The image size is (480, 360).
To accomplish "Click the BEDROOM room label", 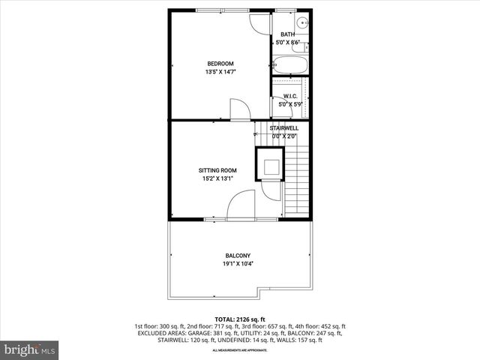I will coord(220,63).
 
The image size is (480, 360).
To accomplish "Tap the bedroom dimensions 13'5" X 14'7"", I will coord(220,72).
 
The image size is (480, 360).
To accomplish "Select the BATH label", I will coord(288,34).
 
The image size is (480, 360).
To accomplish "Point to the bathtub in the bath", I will coord(289,66).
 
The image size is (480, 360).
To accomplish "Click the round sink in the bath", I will coord(301,22).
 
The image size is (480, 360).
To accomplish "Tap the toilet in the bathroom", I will coord(304,48).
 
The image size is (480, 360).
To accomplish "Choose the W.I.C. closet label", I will coord(290,96).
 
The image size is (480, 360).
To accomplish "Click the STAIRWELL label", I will coord(284,128).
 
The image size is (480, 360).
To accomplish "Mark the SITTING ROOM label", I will coord(217,170).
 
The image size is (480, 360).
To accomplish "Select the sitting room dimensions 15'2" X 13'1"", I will coord(217,179).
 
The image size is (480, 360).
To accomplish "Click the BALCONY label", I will coord(238,255).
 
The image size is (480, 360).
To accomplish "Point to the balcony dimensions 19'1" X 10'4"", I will coord(238,264).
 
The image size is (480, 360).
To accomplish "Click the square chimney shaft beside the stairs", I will coord(270,165).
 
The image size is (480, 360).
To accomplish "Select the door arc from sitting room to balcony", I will coord(241,205).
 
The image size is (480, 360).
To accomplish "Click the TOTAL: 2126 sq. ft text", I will coord(239,319).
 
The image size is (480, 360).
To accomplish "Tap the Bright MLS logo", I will coord(30,349).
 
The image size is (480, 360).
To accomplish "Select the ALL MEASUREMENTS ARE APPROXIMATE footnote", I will coord(239,350).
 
